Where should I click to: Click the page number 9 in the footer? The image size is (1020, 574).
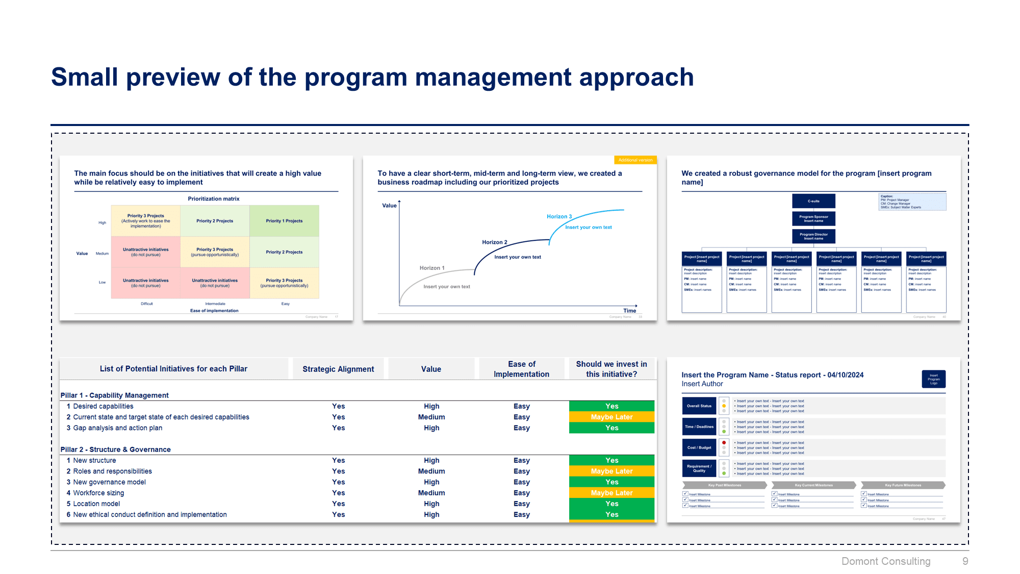click(965, 561)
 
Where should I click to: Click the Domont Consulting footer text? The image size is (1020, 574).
click(886, 561)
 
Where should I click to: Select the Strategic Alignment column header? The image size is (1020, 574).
click(338, 369)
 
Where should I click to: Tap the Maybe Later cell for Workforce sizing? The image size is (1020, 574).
click(611, 493)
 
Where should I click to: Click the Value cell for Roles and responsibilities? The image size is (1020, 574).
click(431, 471)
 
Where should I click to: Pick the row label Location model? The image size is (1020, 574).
click(96, 504)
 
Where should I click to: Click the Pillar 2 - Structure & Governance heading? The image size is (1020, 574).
click(116, 450)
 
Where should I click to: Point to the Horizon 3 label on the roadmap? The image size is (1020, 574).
click(559, 216)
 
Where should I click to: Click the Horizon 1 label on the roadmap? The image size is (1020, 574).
click(432, 268)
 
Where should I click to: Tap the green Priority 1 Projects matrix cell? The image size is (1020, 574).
click(284, 221)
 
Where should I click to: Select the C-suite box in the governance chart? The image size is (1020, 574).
click(813, 201)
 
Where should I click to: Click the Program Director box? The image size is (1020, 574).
click(813, 236)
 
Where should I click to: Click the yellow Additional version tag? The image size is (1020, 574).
click(635, 160)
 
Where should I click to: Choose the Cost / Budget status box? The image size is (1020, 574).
click(699, 447)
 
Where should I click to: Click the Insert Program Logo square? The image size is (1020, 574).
click(933, 379)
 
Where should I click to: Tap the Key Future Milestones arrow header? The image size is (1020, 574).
click(903, 485)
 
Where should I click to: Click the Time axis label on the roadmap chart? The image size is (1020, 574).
click(629, 311)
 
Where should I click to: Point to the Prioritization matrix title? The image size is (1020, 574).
click(213, 199)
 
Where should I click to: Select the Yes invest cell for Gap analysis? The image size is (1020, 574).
click(611, 428)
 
